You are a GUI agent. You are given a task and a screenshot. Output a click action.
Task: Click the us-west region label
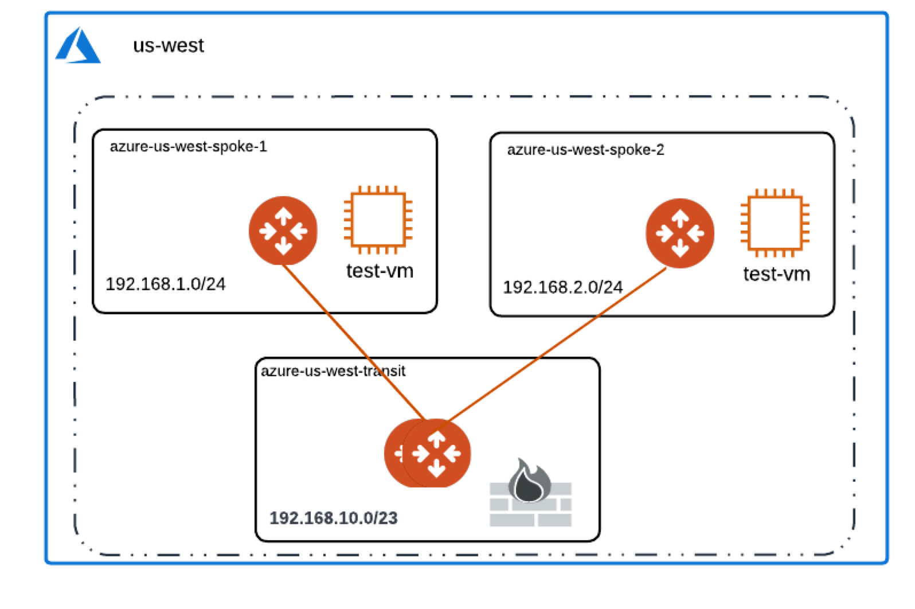pyautogui.click(x=168, y=45)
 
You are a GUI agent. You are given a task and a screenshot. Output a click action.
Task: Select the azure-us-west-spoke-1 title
pyautogui.click(x=188, y=147)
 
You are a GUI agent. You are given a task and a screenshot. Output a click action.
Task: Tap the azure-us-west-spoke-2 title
pyautogui.click(x=585, y=150)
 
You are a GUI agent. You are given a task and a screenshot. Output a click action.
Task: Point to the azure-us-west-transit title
pyautogui.click(x=333, y=371)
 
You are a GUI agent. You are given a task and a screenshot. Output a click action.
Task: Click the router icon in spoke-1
pyautogui.click(x=283, y=231)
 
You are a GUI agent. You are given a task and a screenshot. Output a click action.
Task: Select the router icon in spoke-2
pyautogui.click(x=680, y=233)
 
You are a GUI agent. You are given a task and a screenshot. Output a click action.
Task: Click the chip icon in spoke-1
pyautogui.click(x=378, y=220)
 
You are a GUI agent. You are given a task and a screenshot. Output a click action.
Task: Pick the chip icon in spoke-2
pyautogui.click(x=775, y=223)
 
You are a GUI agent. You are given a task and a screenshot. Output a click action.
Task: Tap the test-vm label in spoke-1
pyautogui.click(x=380, y=271)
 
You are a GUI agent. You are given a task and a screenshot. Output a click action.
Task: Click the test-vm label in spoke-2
pyautogui.click(x=776, y=274)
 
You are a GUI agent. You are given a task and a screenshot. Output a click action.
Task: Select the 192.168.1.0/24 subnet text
pyautogui.click(x=166, y=284)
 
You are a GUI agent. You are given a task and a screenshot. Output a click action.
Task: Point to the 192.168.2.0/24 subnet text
pyautogui.click(x=562, y=287)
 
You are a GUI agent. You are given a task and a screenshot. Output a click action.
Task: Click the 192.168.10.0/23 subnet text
pyautogui.click(x=333, y=518)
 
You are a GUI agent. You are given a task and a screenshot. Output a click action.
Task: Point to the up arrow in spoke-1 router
pyautogui.click(x=283, y=216)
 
